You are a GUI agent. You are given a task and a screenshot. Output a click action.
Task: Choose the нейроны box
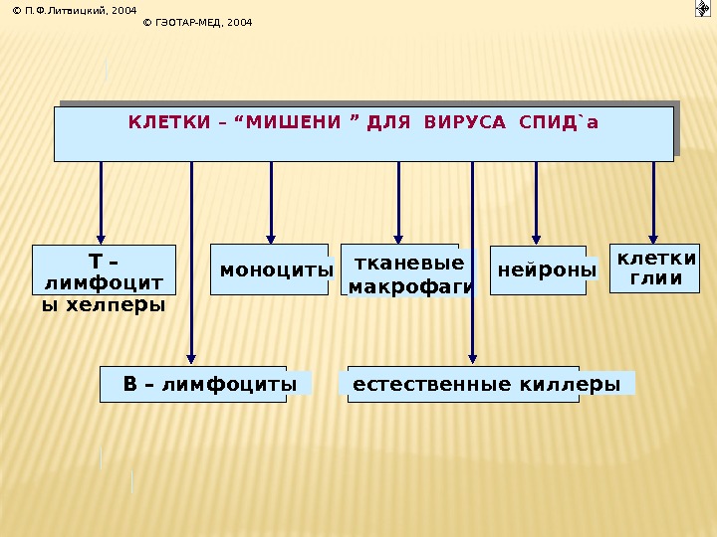[x=539, y=269]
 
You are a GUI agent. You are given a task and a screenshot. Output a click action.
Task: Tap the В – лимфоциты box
[x=195, y=384]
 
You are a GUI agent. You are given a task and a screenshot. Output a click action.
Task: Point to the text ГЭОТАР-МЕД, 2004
[x=199, y=21]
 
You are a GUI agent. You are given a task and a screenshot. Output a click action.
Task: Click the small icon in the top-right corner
[x=702, y=9]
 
